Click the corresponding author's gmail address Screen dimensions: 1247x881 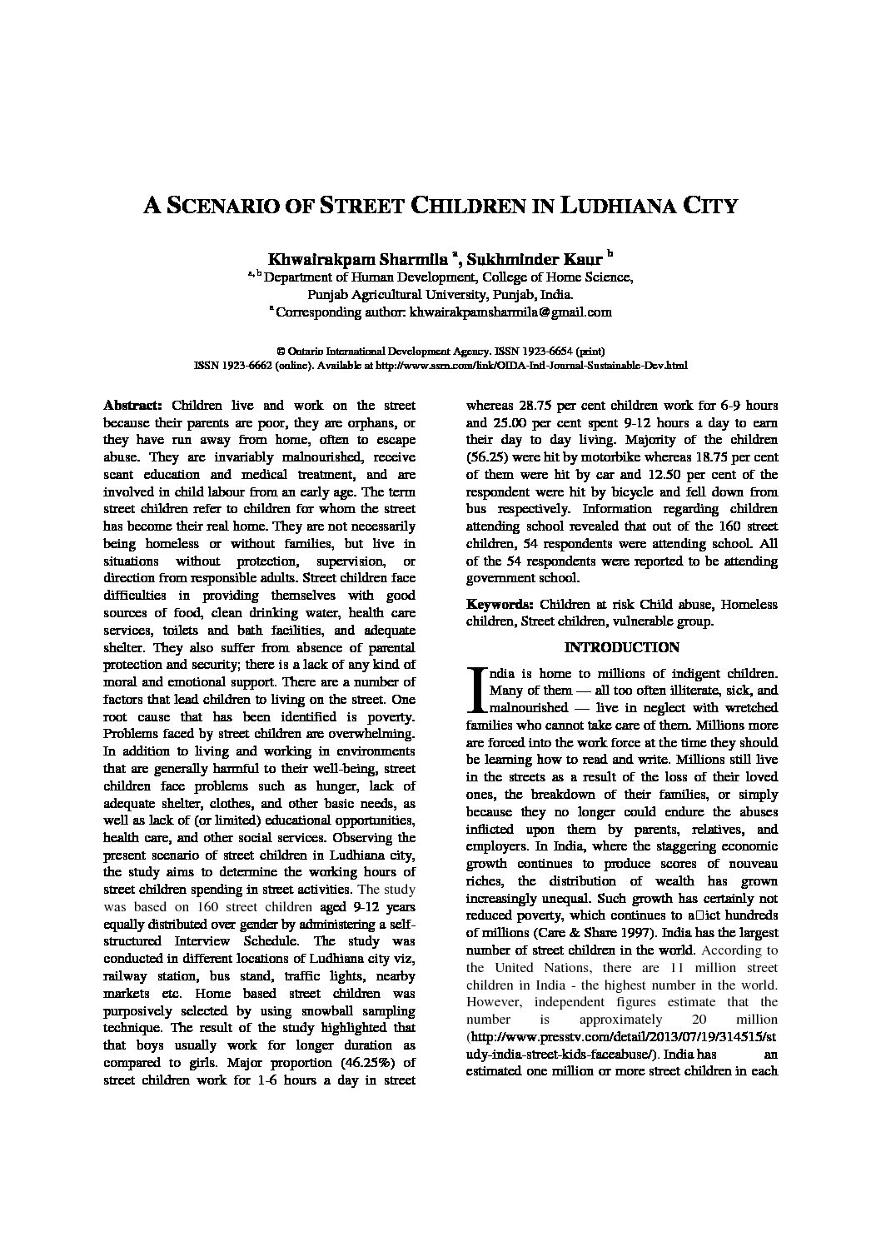click(510, 312)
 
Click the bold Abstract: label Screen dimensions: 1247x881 click(132, 406)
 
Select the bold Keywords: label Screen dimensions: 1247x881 click(500, 604)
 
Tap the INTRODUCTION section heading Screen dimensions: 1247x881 click(621, 647)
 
